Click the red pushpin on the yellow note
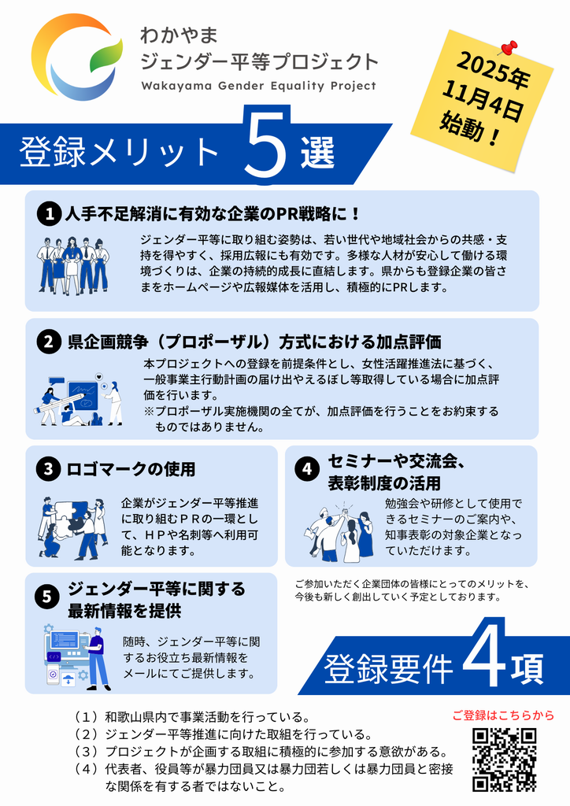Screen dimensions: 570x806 (x=507, y=48)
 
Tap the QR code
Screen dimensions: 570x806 (x=504, y=760)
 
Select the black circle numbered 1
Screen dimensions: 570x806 (x=50, y=213)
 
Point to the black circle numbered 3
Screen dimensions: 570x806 (x=48, y=469)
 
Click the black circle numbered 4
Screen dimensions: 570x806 (x=307, y=469)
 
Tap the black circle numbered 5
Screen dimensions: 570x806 (x=46, y=597)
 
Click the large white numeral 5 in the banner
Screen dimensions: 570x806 (x=266, y=145)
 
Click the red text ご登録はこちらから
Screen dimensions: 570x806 (x=503, y=715)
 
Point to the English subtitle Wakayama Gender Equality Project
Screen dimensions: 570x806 (x=258, y=86)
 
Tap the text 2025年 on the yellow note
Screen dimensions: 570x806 (x=492, y=71)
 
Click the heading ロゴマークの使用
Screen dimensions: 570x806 (x=131, y=469)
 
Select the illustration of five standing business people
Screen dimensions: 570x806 (x=72, y=266)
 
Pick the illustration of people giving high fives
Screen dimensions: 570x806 (x=339, y=533)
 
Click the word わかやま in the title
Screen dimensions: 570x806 (x=180, y=35)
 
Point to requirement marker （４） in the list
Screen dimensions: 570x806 (x=86, y=769)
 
